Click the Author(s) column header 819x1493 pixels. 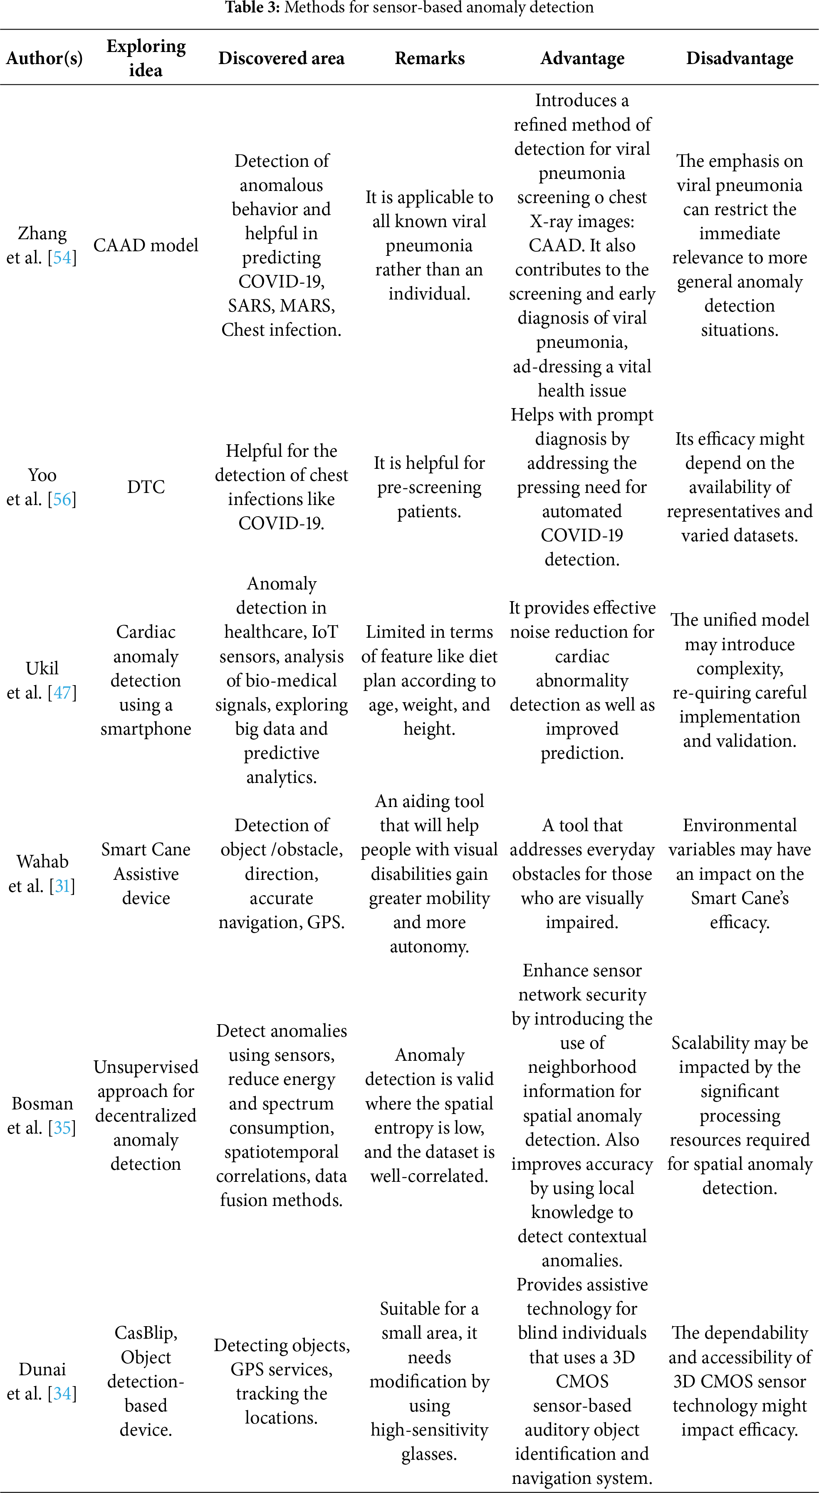[44, 58]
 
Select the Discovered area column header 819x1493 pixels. [281, 58]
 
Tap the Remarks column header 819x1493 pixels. [430, 58]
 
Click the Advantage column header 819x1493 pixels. [582, 58]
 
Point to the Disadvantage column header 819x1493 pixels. [740, 58]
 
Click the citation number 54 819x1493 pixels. [62, 257]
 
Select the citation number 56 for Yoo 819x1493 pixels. [62, 499]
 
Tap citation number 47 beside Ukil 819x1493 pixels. [62, 693]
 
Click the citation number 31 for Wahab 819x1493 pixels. [62, 886]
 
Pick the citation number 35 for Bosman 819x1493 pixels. [62, 1127]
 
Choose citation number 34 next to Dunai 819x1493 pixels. [62, 1393]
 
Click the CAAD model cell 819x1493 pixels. [146, 245]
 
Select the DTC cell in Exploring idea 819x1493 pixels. [146, 487]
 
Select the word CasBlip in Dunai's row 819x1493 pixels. [146, 1333]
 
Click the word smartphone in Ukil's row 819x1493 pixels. [146, 728]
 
